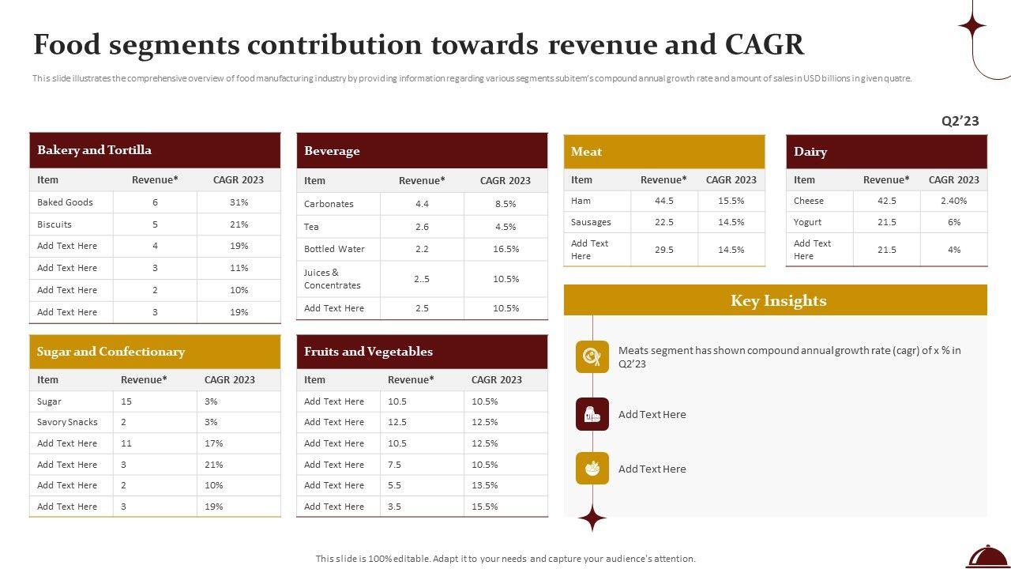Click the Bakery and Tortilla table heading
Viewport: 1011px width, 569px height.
tap(94, 150)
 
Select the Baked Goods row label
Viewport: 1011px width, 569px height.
tap(65, 202)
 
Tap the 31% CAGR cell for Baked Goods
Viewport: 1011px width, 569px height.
tap(239, 202)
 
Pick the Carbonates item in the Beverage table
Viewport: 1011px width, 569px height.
tap(329, 204)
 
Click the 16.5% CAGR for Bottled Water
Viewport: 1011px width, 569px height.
tap(505, 249)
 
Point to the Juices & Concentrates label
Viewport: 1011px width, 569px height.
tap(332, 279)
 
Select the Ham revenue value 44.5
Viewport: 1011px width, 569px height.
tap(664, 201)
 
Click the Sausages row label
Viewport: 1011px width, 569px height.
tap(591, 222)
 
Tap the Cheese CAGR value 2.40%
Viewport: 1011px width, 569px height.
tap(953, 201)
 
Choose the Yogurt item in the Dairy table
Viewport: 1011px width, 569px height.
tap(807, 222)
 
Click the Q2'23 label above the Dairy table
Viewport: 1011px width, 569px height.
tap(960, 121)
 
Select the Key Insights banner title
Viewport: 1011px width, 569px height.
tap(778, 300)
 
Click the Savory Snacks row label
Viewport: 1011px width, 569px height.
tap(67, 422)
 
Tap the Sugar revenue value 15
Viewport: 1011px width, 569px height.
tap(126, 401)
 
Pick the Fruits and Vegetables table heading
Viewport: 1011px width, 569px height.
tap(368, 352)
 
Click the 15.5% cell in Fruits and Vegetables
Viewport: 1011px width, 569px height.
tap(484, 507)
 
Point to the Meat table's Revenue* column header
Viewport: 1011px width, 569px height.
tap(663, 179)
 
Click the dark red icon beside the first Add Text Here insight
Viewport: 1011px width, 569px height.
tap(592, 414)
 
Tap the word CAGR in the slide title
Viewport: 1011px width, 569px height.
tap(765, 45)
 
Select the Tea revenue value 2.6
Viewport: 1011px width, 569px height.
tap(422, 227)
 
